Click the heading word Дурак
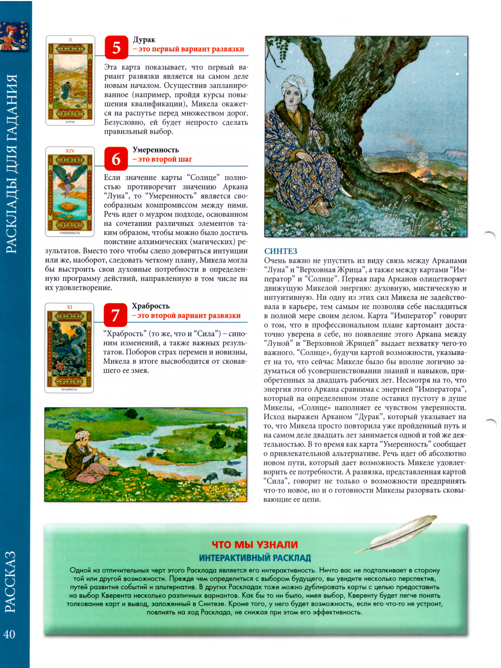point(144,40)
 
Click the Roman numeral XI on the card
point(69,307)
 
